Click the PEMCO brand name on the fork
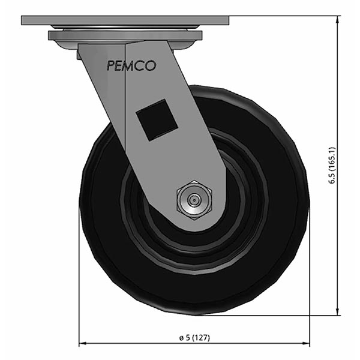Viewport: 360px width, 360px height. click(131, 66)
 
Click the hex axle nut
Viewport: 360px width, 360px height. click(193, 199)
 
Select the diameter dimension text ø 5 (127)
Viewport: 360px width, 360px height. click(194, 338)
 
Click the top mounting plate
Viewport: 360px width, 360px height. click(125, 20)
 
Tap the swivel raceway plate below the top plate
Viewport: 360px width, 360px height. click(125, 36)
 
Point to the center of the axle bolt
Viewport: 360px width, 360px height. click(193, 199)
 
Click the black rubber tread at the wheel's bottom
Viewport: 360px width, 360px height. click(194, 303)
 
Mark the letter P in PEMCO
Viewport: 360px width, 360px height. click(110, 66)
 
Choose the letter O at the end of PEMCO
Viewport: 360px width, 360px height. click(151, 66)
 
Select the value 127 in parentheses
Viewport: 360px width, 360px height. click(203, 338)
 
